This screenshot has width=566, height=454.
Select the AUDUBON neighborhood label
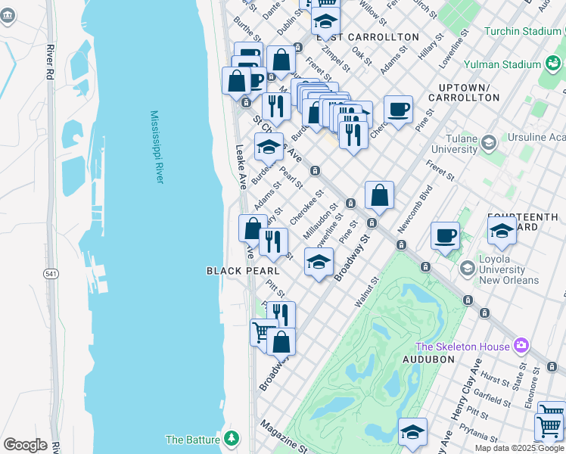[x=428, y=359]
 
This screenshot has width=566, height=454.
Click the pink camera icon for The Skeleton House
[x=521, y=346]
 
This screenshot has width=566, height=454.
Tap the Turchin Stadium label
[x=523, y=32]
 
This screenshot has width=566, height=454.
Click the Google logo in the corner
[x=25, y=445]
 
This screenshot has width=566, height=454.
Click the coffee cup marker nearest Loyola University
[x=446, y=235]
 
